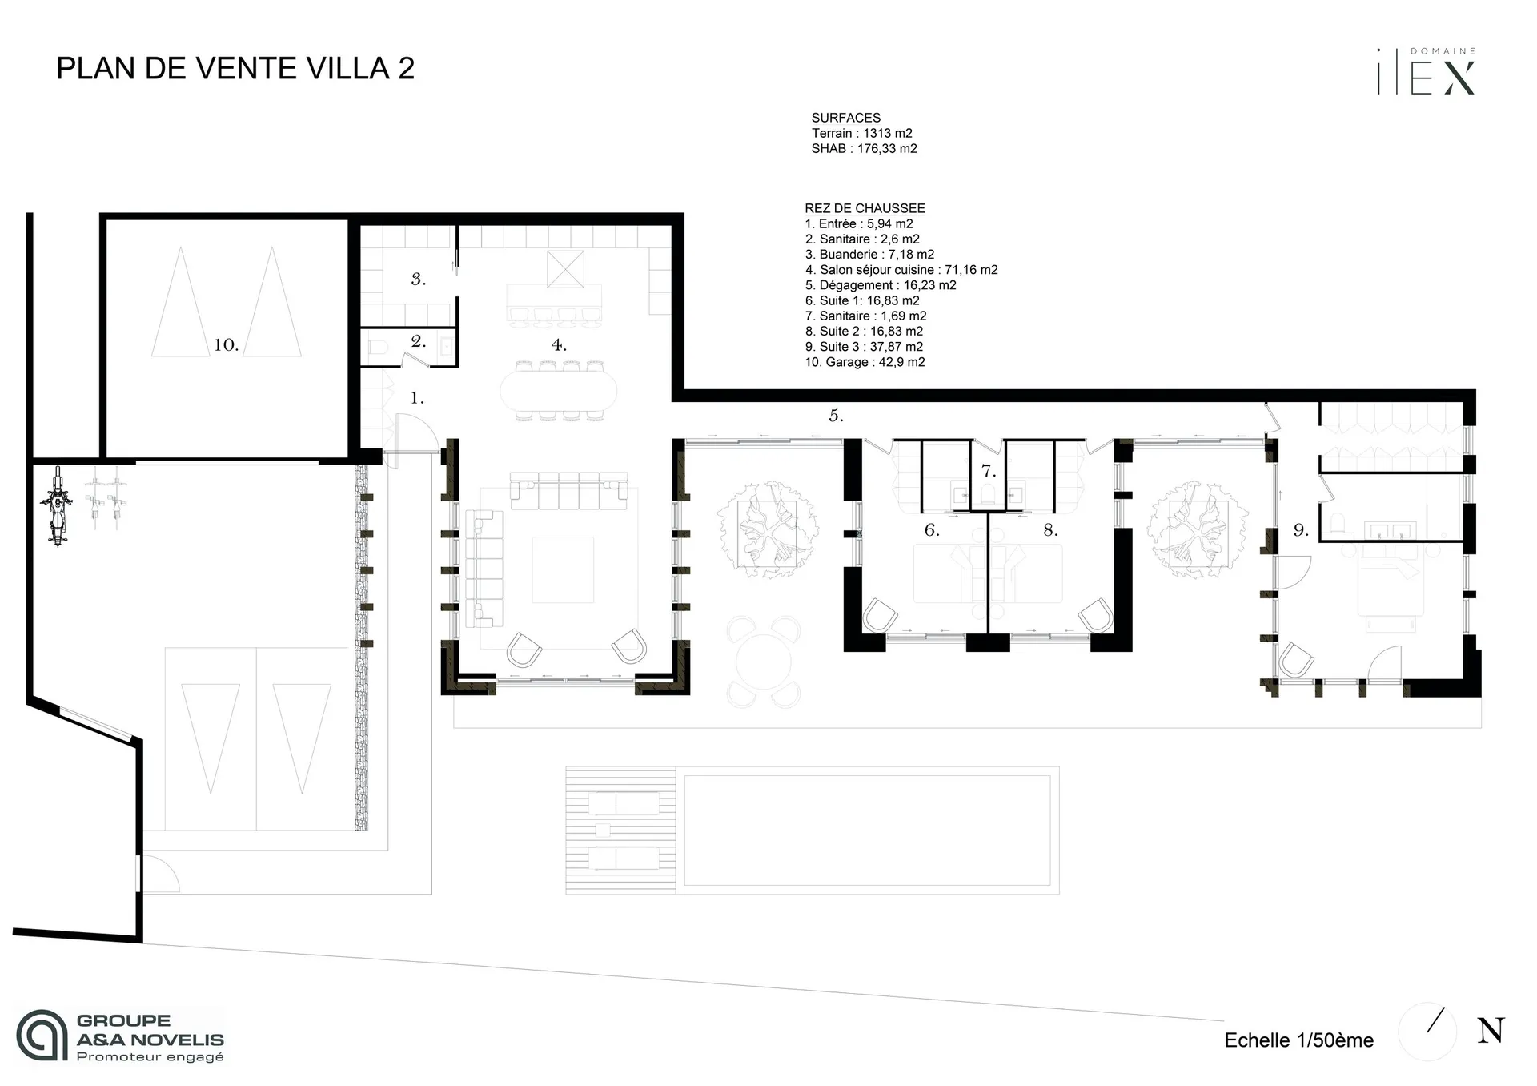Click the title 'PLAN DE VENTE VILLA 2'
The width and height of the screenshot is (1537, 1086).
[x=235, y=69]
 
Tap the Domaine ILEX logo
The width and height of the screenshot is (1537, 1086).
[x=1426, y=72]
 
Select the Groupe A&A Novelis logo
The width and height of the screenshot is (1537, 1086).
[x=120, y=1036]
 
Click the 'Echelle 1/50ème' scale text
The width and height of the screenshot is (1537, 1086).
[x=1298, y=1040]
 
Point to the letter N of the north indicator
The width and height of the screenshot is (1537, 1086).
[x=1490, y=1031]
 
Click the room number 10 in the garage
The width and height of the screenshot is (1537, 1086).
[x=226, y=345]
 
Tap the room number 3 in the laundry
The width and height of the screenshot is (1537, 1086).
[x=418, y=280]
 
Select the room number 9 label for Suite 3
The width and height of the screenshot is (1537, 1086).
[x=1301, y=530]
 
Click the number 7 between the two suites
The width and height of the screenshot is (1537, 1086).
[x=989, y=472]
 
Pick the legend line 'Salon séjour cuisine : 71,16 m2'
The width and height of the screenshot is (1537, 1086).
[x=901, y=270]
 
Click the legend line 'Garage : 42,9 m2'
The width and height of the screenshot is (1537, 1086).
[x=865, y=362]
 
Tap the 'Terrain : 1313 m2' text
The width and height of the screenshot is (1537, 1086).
[x=861, y=133]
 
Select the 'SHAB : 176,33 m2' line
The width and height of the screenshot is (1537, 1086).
[x=864, y=148]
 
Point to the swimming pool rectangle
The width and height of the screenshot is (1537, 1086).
[x=867, y=830]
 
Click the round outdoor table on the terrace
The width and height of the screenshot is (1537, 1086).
[x=764, y=662]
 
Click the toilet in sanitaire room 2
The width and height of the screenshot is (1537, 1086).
[x=379, y=349]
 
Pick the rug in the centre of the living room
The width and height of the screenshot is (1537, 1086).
[x=563, y=569]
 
